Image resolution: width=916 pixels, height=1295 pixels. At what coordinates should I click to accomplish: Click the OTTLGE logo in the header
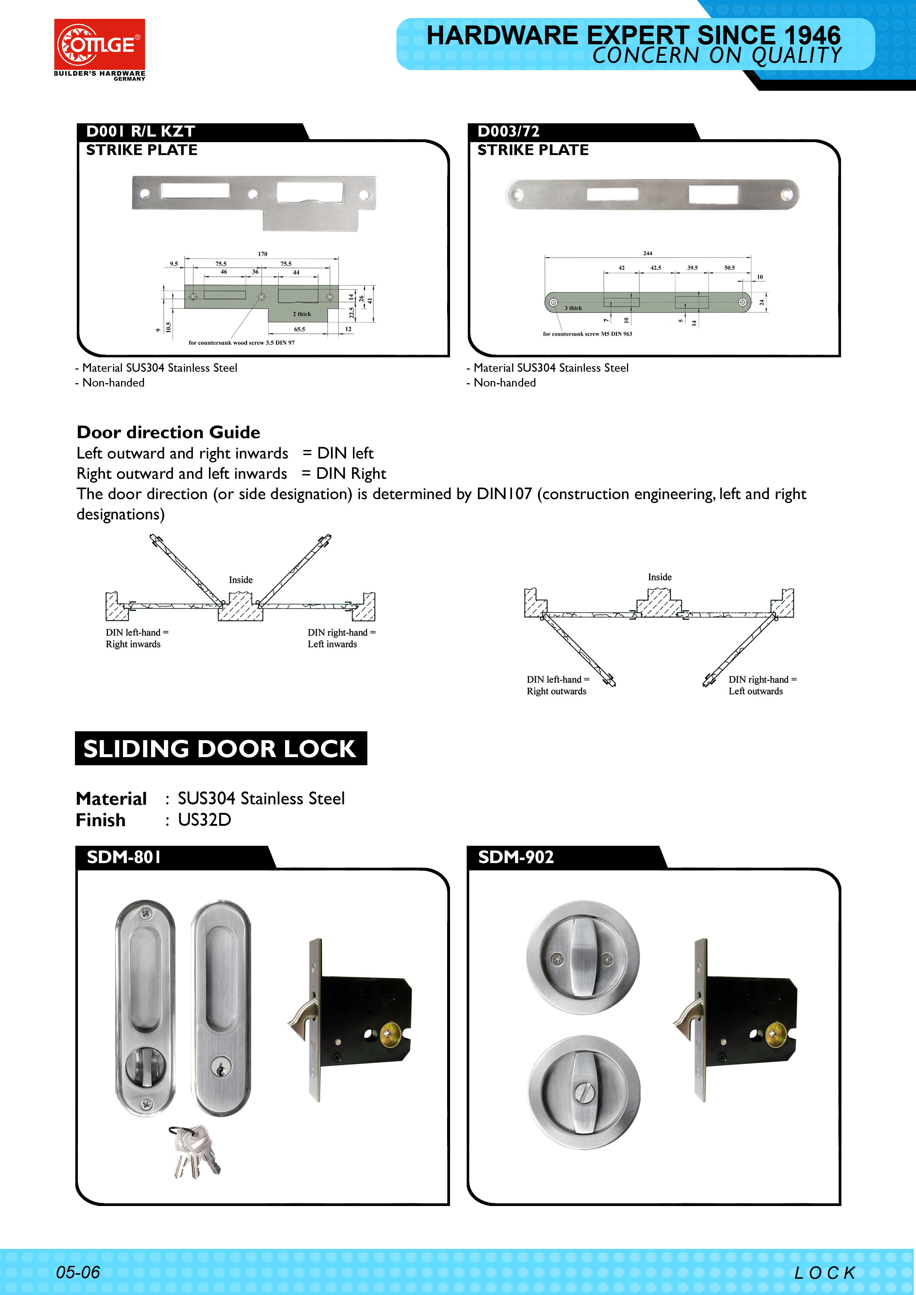point(99,45)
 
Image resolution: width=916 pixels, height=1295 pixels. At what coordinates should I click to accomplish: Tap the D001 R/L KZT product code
point(140,131)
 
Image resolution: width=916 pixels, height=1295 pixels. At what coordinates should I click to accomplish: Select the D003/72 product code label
point(508,131)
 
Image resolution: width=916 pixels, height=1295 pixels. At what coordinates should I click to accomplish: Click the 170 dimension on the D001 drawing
point(262,254)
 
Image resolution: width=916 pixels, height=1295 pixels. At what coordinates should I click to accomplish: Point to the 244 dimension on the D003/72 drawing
point(648,253)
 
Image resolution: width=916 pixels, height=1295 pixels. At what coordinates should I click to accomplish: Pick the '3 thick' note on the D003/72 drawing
point(573,308)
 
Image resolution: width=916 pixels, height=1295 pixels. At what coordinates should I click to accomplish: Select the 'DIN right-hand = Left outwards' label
point(762,685)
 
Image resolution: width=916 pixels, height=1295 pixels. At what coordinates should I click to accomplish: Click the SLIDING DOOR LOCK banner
point(220,748)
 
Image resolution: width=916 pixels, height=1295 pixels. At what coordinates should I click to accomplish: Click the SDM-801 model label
point(124,857)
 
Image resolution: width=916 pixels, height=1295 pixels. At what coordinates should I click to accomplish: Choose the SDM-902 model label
point(515,857)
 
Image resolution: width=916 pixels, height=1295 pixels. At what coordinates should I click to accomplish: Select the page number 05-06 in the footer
point(78,1272)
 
